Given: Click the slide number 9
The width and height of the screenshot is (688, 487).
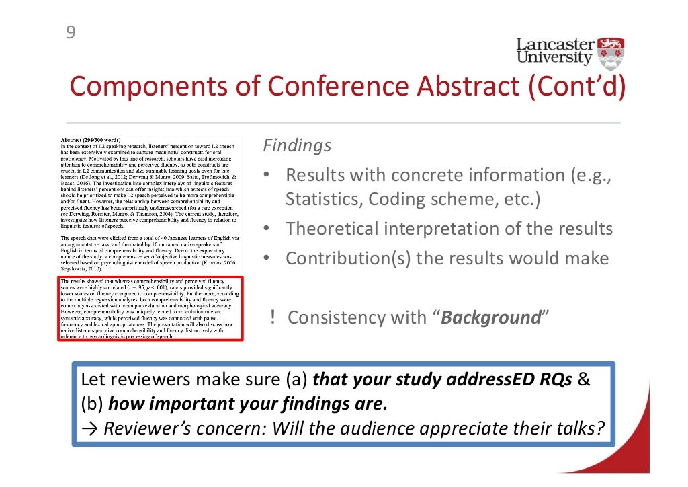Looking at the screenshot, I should [x=69, y=32].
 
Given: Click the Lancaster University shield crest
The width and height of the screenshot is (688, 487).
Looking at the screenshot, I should [x=611, y=54].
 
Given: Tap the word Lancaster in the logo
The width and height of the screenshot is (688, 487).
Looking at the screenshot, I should [x=555, y=46].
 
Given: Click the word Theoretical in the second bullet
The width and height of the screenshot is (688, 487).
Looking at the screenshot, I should [x=331, y=229].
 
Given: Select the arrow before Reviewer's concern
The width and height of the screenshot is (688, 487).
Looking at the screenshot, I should [x=89, y=428].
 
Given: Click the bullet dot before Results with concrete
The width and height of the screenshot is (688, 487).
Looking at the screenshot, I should [x=266, y=176].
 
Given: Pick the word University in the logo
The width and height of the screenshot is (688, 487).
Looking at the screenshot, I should [x=555, y=59].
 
